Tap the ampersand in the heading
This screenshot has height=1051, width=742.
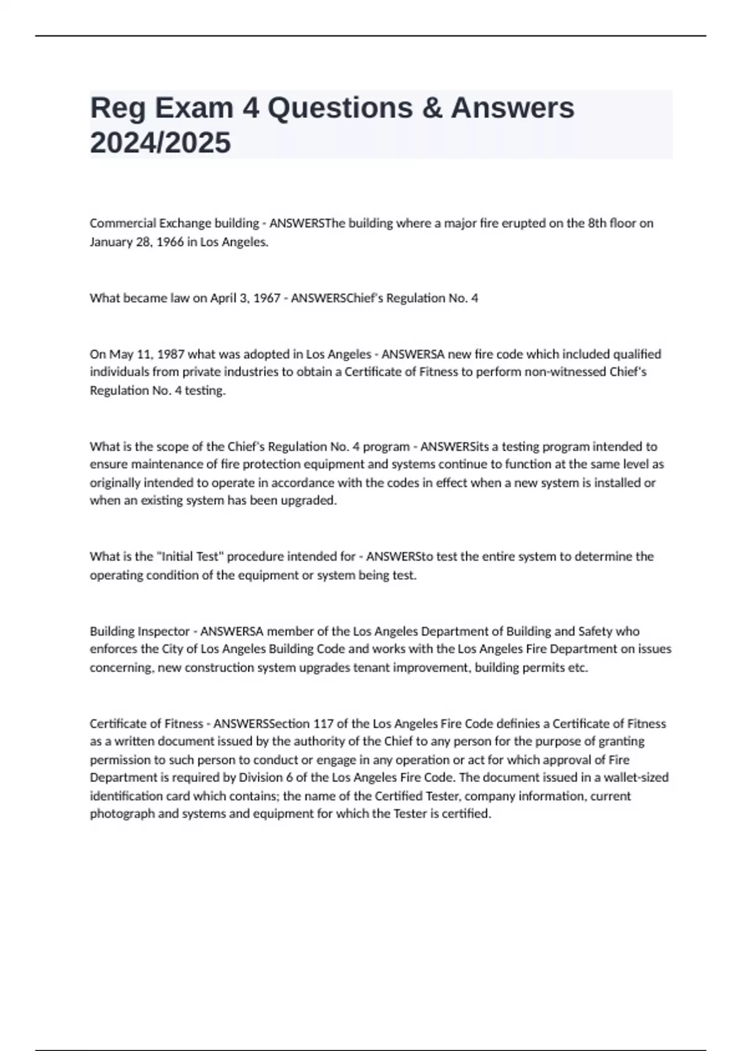(x=432, y=108)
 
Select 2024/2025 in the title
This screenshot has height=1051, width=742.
(x=160, y=143)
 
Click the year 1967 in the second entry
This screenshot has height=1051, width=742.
(x=267, y=299)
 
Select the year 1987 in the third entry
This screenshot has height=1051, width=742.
(x=171, y=354)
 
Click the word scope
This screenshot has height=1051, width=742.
(x=172, y=446)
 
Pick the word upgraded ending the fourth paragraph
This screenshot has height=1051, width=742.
(x=309, y=501)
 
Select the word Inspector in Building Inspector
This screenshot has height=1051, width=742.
(x=163, y=631)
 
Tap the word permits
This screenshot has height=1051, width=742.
(x=544, y=668)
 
